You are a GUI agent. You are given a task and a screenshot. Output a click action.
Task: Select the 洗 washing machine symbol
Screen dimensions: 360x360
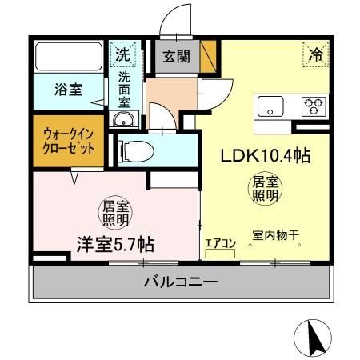pos(122,55)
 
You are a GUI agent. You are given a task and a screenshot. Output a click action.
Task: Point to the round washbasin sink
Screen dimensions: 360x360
pos(123,121)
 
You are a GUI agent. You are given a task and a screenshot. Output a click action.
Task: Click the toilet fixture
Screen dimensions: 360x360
pos(141,150)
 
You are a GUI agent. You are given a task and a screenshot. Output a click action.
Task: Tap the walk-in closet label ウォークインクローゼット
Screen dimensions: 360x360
pos(69,142)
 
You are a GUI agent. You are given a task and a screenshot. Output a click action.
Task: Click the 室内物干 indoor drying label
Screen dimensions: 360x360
pos(276,235)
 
